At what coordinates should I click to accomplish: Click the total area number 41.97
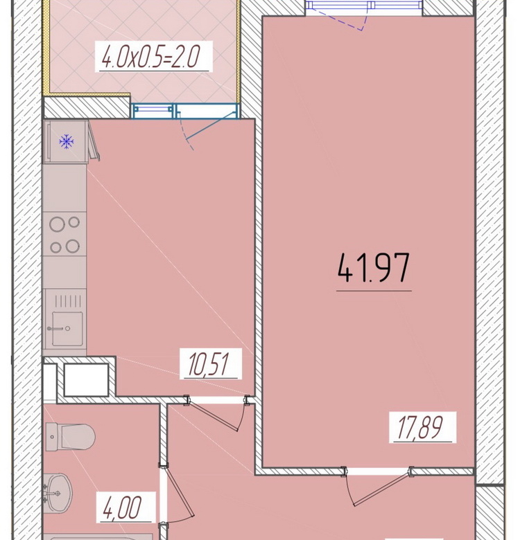(374, 268)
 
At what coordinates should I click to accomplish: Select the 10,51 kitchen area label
(209, 364)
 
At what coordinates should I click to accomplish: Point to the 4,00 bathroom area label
(123, 507)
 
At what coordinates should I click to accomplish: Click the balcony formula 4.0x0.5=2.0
(151, 56)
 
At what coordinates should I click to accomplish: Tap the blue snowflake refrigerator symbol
(66, 141)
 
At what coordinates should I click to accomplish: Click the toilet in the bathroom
(70, 436)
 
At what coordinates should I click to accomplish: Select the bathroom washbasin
(58, 492)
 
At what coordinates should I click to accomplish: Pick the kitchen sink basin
(67, 329)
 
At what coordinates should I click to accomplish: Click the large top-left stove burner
(57, 224)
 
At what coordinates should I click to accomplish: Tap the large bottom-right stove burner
(73, 246)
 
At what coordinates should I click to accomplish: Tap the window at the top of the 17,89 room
(364, 5)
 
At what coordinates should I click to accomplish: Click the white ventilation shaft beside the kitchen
(87, 379)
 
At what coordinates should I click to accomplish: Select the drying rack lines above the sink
(68, 301)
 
